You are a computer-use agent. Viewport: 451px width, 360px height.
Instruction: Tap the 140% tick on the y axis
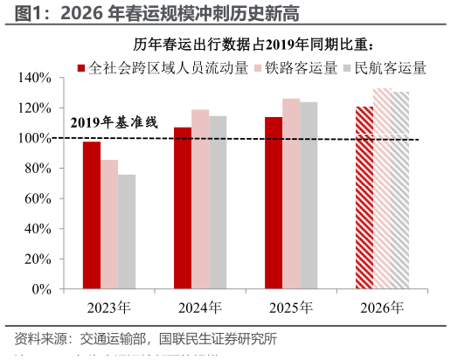click(x=35, y=78)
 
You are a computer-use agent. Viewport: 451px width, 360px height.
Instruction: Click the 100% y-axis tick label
click(x=35, y=138)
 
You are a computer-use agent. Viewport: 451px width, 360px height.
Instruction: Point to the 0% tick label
click(x=41, y=289)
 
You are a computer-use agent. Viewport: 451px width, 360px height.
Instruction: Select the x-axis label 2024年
click(x=199, y=308)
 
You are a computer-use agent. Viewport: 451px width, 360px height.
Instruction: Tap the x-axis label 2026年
click(x=382, y=308)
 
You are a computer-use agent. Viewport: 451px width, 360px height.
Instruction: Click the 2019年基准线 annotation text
click(x=114, y=122)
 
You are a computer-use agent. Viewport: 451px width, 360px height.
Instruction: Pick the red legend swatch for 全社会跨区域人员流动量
click(x=81, y=68)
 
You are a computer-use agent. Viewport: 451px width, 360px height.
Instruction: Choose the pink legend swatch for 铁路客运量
click(x=259, y=68)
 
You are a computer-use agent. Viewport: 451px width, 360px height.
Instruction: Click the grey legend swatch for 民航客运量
click(x=347, y=68)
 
